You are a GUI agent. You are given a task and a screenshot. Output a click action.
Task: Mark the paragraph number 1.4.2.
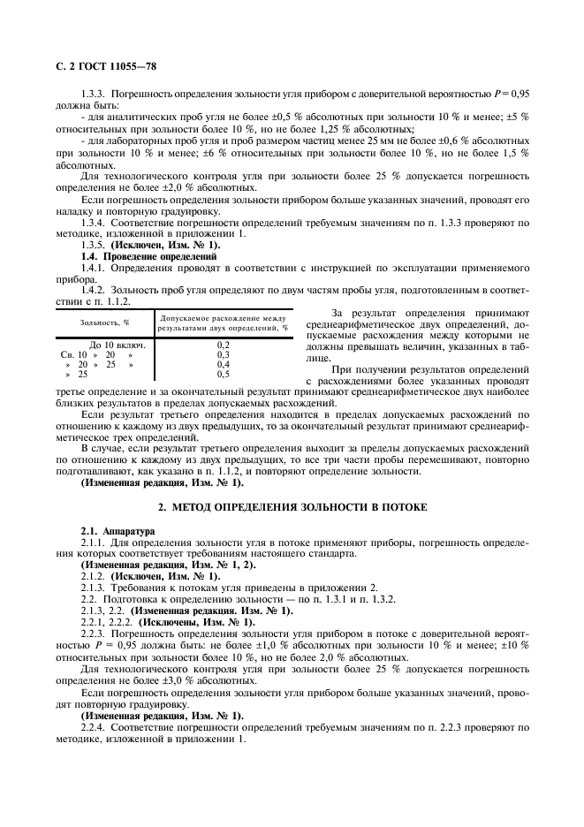point(94,289)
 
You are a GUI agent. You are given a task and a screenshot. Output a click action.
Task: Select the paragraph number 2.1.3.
point(94,588)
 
